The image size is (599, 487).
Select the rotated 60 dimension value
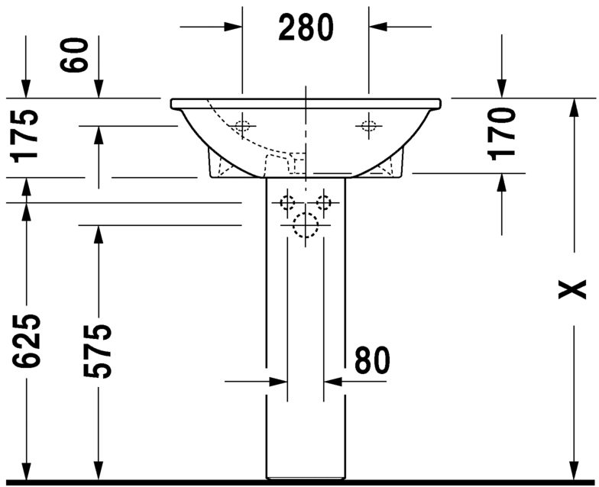click(x=76, y=56)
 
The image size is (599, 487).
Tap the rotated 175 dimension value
click(x=28, y=135)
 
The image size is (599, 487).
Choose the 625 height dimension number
click(x=28, y=341)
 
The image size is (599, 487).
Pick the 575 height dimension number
click(x=98, y=350)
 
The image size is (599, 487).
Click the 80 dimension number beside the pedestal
click(x=371, y=360)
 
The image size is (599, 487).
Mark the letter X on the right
click(x=572, y=289)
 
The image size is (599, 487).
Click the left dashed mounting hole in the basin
click(x=242, y=126)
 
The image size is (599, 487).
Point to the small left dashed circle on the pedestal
click(x=287, y=203)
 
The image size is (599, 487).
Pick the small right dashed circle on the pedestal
click(x=323, y=203)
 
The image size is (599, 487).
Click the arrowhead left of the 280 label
click(x=233, y=27)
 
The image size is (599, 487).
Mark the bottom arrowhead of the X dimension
click(x=572, y=471)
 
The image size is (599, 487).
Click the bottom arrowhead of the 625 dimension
click(x=28, y=471)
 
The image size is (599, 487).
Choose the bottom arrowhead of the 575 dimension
click(x=98, y=471)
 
